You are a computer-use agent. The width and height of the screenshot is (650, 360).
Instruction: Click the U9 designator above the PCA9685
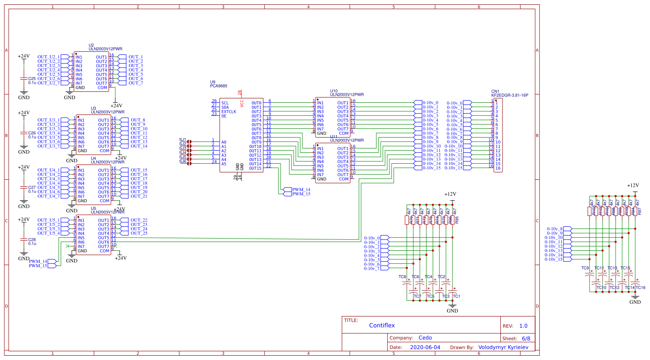pos(212,82)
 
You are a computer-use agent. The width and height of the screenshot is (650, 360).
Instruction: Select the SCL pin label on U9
pos(225,103)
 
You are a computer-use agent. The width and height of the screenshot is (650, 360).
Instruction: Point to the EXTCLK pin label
pos(228,112)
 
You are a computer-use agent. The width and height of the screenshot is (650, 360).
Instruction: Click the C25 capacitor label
pos(32,79)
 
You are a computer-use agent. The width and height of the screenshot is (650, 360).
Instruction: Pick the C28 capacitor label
pos(32,240)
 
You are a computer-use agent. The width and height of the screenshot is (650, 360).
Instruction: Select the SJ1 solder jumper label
pos(182,140)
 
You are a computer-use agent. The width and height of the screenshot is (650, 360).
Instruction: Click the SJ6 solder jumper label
pos(182,161)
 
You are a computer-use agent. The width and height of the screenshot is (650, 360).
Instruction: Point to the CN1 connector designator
pos(495,91)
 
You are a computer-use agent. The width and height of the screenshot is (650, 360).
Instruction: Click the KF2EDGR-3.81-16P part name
pos(509,95)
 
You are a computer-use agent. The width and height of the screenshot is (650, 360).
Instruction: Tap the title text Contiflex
pos(382,325)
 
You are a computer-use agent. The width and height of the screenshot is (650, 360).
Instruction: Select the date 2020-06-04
pos(425,347)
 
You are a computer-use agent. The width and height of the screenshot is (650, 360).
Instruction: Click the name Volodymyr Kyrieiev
pos(503,347)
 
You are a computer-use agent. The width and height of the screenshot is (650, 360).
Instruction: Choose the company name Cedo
pos(425,338)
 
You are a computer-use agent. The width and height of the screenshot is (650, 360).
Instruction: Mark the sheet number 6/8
pos(526,338)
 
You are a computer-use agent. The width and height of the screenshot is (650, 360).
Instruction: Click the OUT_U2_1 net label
pos(48,57)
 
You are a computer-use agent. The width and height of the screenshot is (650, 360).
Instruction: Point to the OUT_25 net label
pos(139,233)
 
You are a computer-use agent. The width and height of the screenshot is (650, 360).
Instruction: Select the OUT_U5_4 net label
pos(48,233)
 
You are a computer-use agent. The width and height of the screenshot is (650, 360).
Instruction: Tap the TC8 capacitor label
pos(402,277)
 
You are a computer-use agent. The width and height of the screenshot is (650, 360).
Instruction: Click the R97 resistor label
pos(640,212)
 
